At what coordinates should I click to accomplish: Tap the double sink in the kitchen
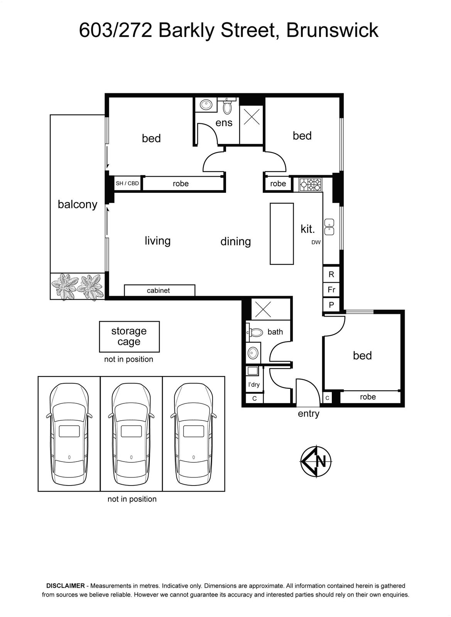(x=329, y=227)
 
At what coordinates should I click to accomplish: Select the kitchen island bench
(x=282, y=234)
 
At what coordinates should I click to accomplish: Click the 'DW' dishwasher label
(x=316, y=243)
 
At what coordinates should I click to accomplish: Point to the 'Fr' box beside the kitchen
(x=331, y=290)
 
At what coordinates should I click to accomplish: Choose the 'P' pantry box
(x=331, y=305)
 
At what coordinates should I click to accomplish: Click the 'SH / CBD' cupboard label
(x=127, y=183)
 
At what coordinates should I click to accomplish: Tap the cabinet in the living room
(x=159, y=290)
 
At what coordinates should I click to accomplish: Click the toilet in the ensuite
(x=227, y=106)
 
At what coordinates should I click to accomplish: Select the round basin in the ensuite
(x=205, y=105)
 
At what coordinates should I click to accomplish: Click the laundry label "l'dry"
(x=254, y=384)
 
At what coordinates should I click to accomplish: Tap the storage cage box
(x=129, y=337)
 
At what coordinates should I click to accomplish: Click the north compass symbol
(x=316, y=461)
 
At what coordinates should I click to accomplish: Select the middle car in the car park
(x=131, y=434)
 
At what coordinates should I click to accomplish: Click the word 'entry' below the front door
(x=308, y=413)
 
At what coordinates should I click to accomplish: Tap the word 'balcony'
(x=78, y=205)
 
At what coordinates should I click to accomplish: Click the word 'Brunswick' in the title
(x=332, y=30)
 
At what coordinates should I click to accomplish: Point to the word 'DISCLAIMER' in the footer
(x=65, y=586)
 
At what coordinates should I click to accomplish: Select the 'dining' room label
(x=236, y=241)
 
